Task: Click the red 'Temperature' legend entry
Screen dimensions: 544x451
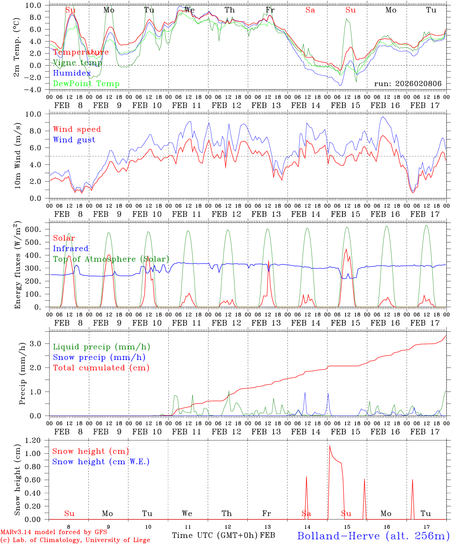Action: tap(81, 52)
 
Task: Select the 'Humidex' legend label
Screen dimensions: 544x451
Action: tap(72, 73)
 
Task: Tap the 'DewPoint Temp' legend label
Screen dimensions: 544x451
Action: tap(86, 84)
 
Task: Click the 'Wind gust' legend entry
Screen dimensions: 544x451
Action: tap(74, 140)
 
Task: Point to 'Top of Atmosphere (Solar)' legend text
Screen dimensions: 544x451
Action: tap(111, 259)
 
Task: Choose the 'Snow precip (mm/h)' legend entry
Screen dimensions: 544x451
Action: tap(99, 357)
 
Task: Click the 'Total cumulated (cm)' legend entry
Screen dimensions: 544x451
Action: tap(101, 368)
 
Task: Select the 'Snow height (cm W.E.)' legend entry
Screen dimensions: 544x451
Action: tap(101, 462)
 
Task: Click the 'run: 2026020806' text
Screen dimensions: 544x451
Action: tap(408, 84)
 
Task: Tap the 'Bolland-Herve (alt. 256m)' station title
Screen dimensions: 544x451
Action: tap(373, 536)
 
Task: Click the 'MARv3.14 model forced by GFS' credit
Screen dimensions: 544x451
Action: tap(54, 532)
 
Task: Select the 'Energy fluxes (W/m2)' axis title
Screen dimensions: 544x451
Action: tap(17, 264)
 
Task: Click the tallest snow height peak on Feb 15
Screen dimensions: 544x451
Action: tap(330, 445)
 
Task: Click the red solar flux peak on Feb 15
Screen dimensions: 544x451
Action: tap(346, 249)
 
